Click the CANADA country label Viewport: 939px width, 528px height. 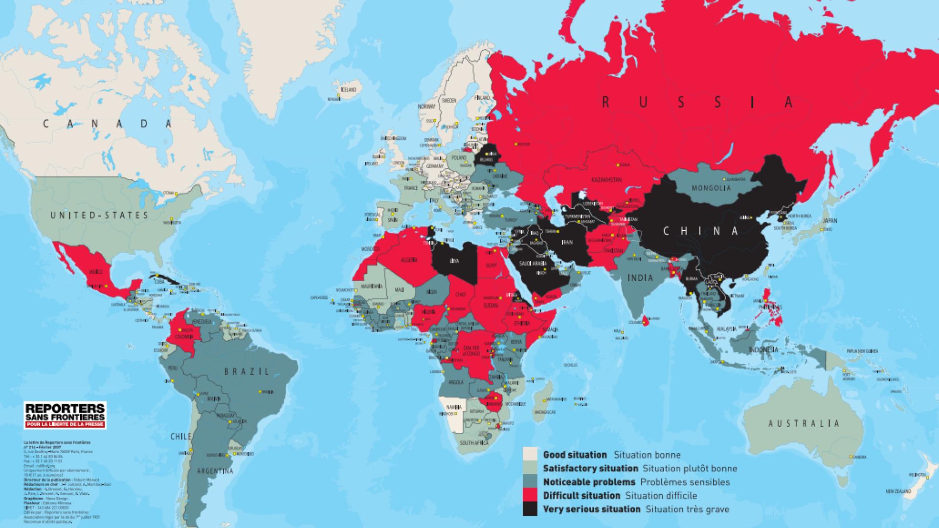pos(108,124)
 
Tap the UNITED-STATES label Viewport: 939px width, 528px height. pos(99,215)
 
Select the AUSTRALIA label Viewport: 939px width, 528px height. pos(803,423)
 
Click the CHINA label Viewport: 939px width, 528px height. pos(700,231)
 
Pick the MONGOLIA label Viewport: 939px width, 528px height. pos(711,188)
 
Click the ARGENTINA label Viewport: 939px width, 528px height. pos(214,471)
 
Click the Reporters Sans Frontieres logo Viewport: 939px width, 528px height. pos(65,416)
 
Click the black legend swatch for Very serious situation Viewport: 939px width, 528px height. pos(530,509)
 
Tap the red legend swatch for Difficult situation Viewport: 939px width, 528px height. pos(530,496)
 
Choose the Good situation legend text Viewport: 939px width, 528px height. pos(575,455)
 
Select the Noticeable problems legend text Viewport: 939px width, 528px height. pos(589,482)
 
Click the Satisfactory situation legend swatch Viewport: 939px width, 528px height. pos(530,468)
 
